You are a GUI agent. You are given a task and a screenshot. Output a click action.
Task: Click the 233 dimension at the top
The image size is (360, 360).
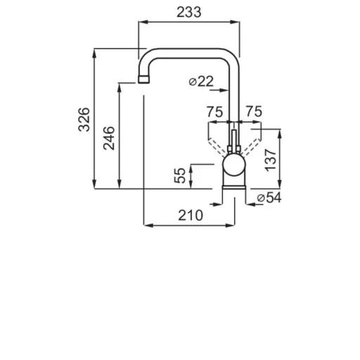(189, 12)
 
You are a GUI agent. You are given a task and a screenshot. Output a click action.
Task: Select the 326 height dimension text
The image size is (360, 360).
(84, 120)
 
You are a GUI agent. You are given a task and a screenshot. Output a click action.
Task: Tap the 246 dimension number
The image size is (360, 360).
(109, 139)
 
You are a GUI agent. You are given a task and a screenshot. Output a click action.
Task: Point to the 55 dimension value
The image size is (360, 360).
(180, 175)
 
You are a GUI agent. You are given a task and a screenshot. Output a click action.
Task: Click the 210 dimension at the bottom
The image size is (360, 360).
(191, 215)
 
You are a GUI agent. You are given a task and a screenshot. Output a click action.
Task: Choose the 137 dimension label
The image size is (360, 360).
(271, 160)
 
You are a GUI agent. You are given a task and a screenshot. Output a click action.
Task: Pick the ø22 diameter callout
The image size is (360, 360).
(201, 82)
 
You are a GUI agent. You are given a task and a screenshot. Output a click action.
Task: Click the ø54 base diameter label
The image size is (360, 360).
(269, 198)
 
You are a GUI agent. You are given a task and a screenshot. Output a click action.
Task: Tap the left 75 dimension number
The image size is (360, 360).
(214, 112)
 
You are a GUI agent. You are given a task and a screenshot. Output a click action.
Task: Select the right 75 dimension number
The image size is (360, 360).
(254, 111)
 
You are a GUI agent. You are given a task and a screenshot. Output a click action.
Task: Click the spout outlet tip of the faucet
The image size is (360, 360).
(143, 79)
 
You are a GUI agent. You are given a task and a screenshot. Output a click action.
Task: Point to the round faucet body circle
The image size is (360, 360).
(234, 165)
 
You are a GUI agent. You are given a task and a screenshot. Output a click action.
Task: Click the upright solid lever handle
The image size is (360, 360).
(234, 141)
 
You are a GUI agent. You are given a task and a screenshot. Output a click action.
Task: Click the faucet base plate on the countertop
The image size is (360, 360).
(234, 187)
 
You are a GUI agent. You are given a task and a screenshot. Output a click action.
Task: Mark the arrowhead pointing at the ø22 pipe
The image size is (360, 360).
(224, 90)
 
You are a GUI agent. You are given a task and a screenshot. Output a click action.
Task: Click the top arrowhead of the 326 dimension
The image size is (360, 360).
(94, 53)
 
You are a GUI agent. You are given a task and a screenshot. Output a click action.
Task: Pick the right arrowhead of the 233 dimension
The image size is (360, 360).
(235, 22)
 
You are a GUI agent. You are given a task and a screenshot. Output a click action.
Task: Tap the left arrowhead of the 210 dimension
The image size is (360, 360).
(148, 225)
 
